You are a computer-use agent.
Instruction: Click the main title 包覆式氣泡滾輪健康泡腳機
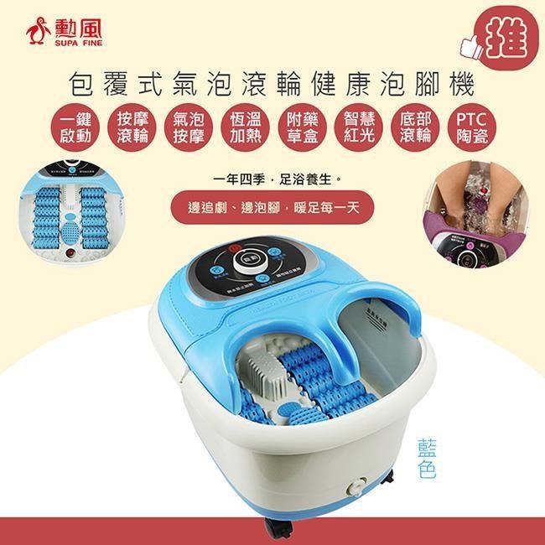272,85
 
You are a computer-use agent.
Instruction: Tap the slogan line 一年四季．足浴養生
272,179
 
